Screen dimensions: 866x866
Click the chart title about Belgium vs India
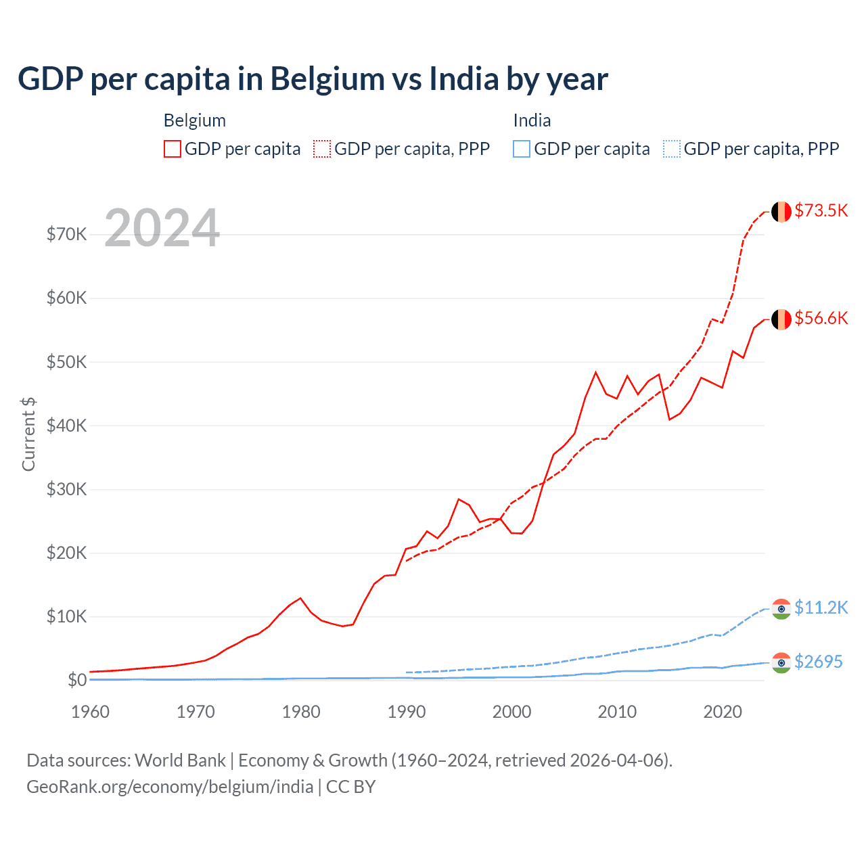313,79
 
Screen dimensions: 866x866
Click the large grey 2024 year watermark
162,229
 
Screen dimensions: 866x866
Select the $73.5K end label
821,210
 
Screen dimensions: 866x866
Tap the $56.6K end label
821,318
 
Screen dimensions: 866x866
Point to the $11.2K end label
821,608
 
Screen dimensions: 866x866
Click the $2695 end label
818,662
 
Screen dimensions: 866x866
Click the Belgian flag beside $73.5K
781,212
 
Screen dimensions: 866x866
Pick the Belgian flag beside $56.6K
781,319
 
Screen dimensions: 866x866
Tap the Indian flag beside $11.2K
781,609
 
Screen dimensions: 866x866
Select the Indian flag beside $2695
781,663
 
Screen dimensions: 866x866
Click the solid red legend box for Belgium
173,149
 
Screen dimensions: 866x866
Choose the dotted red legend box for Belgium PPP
322,149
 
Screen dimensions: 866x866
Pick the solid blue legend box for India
522,149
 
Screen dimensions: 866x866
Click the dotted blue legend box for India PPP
671,149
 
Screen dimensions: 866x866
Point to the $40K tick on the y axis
66,426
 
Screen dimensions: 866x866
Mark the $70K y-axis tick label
66,234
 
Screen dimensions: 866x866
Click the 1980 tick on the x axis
301,712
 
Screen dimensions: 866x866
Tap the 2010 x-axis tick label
617,712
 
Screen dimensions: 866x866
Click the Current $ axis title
28,434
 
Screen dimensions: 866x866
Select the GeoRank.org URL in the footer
170,787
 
